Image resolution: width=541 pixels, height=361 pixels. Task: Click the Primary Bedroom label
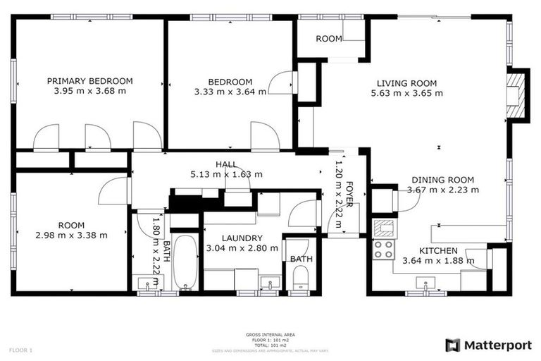pos(89,81)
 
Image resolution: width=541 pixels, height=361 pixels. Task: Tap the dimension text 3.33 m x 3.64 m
pos(230,91)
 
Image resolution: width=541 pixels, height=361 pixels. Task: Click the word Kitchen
pos(438,250)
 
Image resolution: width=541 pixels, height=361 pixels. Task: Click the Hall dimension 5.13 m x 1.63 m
pos(226,174)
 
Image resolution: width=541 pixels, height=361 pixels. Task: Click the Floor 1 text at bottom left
pos(20,350)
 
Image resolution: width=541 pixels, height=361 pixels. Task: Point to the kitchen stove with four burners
pos(383,249)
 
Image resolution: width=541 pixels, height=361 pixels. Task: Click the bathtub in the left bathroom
pos(185,262)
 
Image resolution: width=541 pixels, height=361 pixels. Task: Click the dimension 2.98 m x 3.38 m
pos(72,235)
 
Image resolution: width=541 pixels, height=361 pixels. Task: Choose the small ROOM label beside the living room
pos(328,39)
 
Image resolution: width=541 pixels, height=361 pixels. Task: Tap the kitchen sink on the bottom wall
pos(424,283)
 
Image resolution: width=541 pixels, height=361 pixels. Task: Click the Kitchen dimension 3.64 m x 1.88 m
pos(438,260)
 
